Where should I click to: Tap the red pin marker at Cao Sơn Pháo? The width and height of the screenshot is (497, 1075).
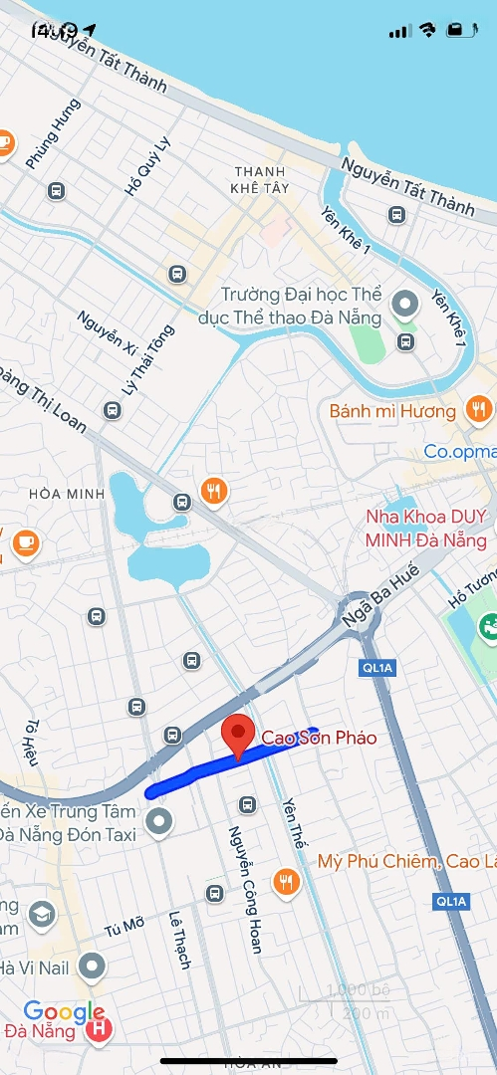point(237,736)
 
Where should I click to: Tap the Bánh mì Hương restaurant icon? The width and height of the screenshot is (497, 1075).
point(479,408)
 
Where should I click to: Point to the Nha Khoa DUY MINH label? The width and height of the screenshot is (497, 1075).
point(426,529)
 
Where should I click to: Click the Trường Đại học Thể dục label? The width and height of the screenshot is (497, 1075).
point(301,307)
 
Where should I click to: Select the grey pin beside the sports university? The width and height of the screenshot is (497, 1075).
point(405,304)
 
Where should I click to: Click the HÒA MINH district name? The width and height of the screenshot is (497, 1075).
point(60,494)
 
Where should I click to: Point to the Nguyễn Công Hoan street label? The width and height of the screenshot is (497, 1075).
point(244,888)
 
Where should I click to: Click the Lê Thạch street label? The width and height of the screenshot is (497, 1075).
point(179,941)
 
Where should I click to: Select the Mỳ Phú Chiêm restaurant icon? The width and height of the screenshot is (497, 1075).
point(287,881)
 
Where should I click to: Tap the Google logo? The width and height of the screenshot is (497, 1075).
point(64,1012)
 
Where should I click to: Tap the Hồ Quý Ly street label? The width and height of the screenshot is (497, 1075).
point(147,165)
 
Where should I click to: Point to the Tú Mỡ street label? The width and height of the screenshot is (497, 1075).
point(124,928)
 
